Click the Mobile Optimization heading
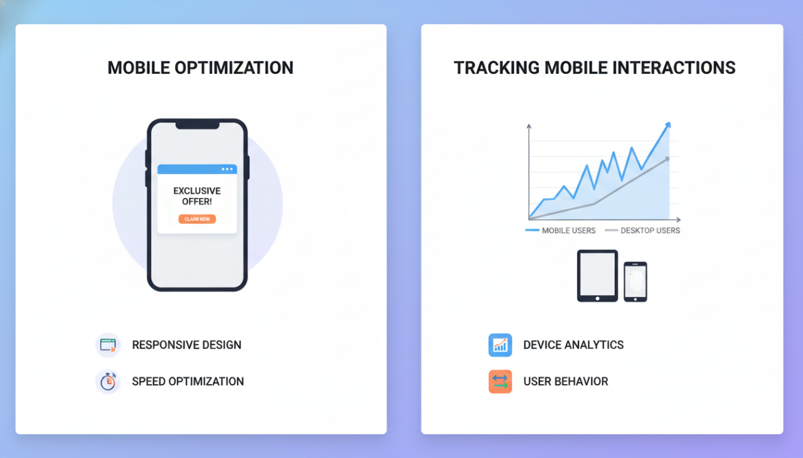tap(200, 68)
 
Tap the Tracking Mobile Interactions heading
tap(594, 68)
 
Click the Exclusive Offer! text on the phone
tap(197, 196)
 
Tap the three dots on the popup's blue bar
tap(226, 169)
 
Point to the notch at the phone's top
tap(197, 125)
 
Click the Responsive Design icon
tap(108, 345)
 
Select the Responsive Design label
tap(186, 345)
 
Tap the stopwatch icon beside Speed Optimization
tap(108, 382)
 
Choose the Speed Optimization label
tap(188, 382)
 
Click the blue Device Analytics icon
tap(500, 345)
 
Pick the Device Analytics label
tap(573, 345)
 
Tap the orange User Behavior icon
tap(500, 382)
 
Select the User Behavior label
tap(565, 382)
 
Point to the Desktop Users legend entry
tap(642, 231)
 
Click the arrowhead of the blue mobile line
tap(667, 125)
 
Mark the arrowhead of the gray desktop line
tap(667, 159)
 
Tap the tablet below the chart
tap(597, 276)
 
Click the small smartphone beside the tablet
tap(635, 281)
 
